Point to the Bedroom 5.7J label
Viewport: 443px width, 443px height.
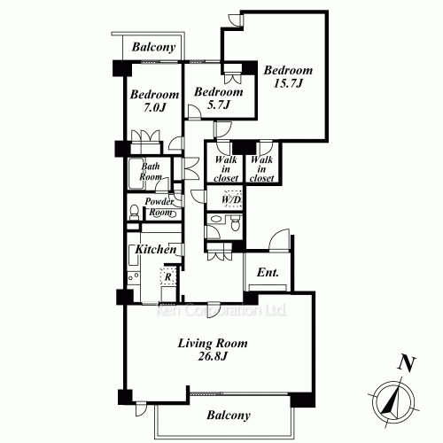218,97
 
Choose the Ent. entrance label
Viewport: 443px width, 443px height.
268,274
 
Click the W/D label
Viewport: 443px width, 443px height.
230,198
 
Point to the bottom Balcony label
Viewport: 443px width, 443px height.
229,415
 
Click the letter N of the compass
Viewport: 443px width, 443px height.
407,362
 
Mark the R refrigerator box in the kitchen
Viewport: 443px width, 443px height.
168,276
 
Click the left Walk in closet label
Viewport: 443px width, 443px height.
226,168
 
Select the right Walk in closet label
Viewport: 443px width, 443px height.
261,168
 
